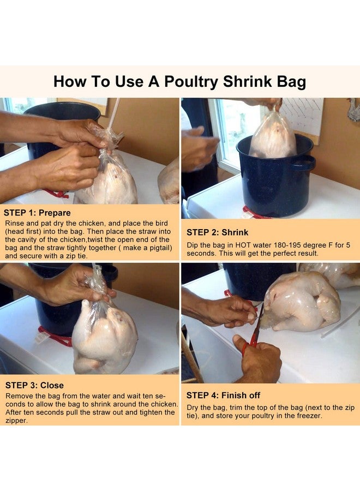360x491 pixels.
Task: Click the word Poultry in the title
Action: tap(191, 81)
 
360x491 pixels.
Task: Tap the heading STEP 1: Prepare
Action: tap(37, 213)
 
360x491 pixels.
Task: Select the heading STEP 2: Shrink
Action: tap(217, 232)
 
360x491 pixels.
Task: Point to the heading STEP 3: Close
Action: tap(34, 385)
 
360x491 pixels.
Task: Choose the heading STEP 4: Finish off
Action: tap(223, 395)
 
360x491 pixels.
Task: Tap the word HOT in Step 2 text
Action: tap(243, 245)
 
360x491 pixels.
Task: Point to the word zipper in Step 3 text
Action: tap(16, 421)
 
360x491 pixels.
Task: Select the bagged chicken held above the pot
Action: tap(272, 133)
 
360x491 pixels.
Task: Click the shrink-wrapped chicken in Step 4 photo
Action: tap(302, 301)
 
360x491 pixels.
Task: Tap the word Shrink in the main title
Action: tap(247, 81)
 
